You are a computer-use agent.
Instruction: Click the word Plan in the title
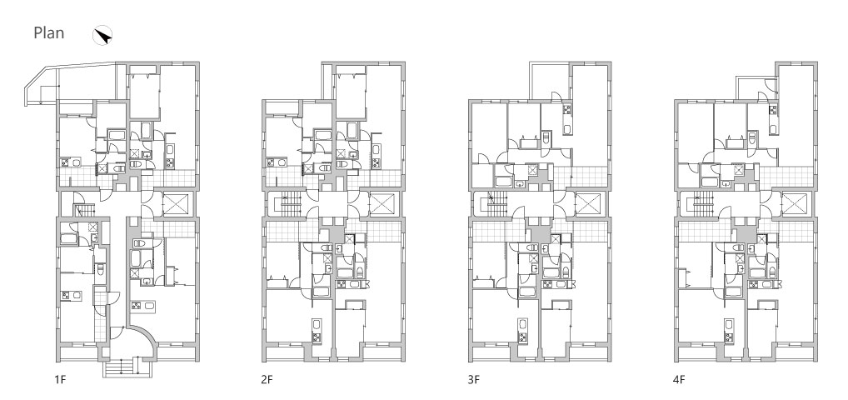click(x=48, y=33)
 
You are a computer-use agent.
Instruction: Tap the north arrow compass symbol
click(x=102, y=36)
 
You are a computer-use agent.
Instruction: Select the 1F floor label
click(x=59, y=379)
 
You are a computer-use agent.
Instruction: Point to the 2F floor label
click(x=267, y=379)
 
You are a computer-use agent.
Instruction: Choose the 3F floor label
click(x=474, y=379)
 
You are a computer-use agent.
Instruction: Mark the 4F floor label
click(x=679, y=379)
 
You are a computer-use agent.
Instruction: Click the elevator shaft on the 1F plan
click(x=175, y=204)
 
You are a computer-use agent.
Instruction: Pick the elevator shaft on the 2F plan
click(x=381, y=204)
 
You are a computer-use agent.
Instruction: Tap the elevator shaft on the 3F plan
click(x=587, y=204)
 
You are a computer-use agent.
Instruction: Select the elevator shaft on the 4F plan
click(x=794, y=204)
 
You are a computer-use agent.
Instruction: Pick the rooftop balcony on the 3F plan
click(x=550, y=81)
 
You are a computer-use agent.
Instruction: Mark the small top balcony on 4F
click(x=756, y=89)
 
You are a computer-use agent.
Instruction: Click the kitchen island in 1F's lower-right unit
click(x=143, y=305)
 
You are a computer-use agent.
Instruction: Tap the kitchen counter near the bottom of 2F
click(x=316, y=332)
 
